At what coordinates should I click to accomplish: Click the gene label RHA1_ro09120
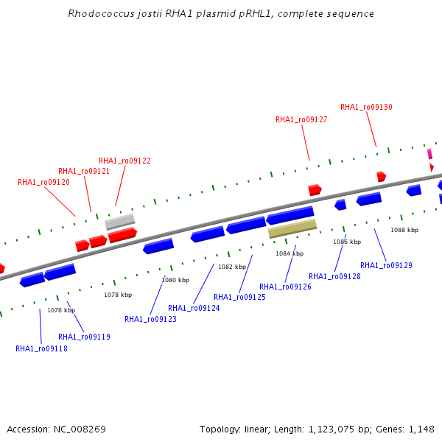pos(44,182)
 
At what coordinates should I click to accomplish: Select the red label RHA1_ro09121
pos(84,171)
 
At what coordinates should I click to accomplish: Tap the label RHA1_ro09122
pos(124,161)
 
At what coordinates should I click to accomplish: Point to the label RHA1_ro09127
pos(301,119)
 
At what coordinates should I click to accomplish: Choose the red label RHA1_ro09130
pos(366,107)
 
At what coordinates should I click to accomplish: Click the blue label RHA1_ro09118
pos(41,348)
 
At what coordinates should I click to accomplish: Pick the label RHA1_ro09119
pos(84,337)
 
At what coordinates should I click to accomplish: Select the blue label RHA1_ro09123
pos(150,319)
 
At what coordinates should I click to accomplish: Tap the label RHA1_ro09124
pos(194,308)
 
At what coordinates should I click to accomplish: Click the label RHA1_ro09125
pos(239,297)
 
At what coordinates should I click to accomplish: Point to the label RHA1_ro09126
pos(285,287)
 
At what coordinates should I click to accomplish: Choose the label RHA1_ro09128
pos(334,276)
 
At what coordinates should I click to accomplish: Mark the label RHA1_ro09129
pos(386,264)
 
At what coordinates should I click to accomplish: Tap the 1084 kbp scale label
pos(290,253)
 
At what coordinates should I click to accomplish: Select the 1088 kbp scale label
pos(404,230)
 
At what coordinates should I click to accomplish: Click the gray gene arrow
pos(120,222)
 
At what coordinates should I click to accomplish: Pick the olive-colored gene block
pos(292,228)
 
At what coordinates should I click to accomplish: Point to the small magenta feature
pos(429,153)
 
